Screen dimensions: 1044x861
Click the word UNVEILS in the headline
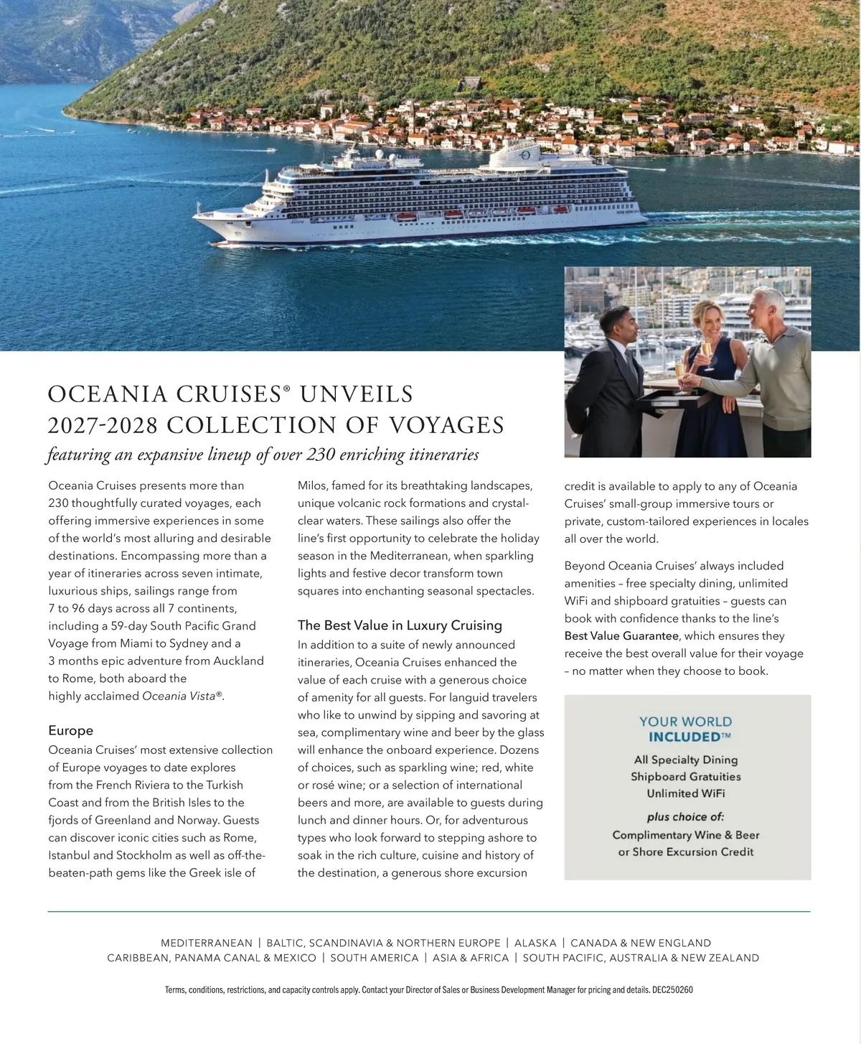click(x=357, y=394)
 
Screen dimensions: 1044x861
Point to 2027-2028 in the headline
click(x=102, y=425)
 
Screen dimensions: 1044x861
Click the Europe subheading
click(x=70, y=730)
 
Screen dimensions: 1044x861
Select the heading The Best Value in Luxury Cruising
click(x=400, y=625)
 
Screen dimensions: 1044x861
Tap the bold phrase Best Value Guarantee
click(x=621, y=636)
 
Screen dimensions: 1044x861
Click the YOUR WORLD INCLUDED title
click(x=686, y=729)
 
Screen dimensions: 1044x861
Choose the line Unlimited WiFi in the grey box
click(x=686, y=793)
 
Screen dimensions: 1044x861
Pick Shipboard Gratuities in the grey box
click(x=686, y=777)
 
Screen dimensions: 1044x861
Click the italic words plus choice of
click(x=686, y=817)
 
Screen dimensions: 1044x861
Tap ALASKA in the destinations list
click(x=535, y=943)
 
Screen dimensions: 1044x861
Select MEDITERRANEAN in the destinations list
click(x=207, y=943)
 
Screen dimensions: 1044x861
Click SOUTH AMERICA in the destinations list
click(x=375, y=958)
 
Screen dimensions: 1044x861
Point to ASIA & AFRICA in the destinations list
click(x=471, y=958)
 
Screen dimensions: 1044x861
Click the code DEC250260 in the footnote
click(x=672, y=990)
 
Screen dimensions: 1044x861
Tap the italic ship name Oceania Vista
click(x=182, y=696)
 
